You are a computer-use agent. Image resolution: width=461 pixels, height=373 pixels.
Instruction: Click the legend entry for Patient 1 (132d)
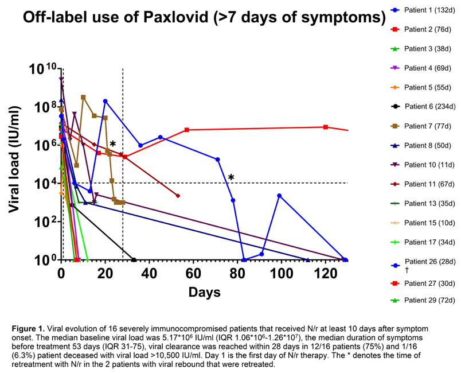click(x=423, y=10)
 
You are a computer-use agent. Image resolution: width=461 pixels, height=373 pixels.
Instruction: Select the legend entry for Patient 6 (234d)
click(x=423, y=107)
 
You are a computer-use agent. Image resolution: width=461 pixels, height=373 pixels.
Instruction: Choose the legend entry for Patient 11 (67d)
click(x=423, y=184)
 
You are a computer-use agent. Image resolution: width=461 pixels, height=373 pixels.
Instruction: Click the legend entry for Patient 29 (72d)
click(x=423, y=300)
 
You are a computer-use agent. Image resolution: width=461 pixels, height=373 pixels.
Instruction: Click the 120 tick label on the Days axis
click(x=326, y=274)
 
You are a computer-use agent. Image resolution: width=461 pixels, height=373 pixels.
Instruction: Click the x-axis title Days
click(x=205, y=292)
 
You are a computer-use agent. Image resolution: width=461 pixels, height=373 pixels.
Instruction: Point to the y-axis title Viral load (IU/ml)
click(x=14, y=159)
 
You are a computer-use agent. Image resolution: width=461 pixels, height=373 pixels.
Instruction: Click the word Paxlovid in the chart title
click(x=176, y=17)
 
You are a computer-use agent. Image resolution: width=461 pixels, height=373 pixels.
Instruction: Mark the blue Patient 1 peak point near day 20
click(x=106, y=101)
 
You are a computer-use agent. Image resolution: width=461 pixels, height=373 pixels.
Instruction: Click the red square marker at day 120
click(x=326, y=127)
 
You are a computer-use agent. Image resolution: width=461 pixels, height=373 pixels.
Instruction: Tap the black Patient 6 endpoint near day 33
click(x=134, y=260)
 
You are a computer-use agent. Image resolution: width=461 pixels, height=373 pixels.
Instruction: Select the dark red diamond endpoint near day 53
click(x=178, y=196)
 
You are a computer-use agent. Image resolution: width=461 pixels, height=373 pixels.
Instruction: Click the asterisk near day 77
click(x=231, y=177)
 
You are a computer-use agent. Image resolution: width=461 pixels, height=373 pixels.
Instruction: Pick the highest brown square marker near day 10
click(x=83, y=98)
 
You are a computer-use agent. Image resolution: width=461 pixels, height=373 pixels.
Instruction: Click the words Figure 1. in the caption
click(x=29, y=328)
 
